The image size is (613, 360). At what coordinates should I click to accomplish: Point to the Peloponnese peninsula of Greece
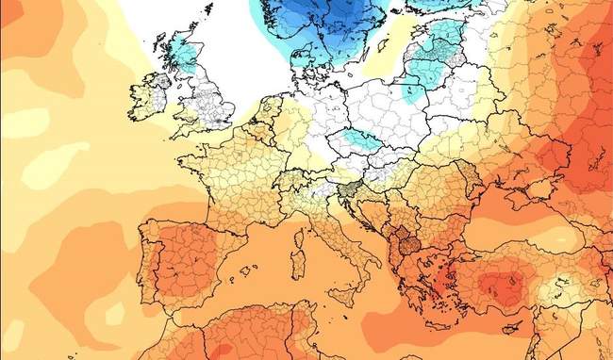coord(407,293)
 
